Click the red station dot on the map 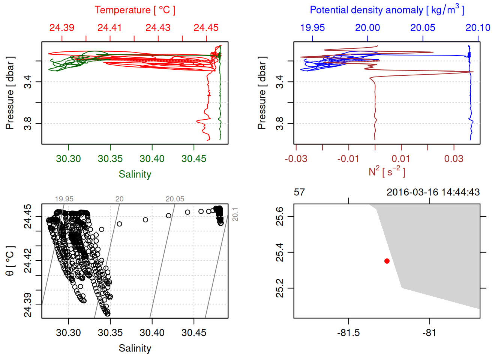pos(387,261)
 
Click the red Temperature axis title pos(135,10)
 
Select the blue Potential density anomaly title pos(387,10)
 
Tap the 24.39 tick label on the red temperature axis pos(62,28)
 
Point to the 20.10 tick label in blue pos(478,28)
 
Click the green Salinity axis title pos(135,174)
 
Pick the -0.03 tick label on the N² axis pos(296,159)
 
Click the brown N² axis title pos(387,171)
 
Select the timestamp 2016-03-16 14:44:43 pos(433,192)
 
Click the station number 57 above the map pos(299,192)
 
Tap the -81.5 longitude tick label pos(348,333)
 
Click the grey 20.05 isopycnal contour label pos(175,199)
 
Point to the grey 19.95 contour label pos(64,199)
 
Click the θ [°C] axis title pos(10,261)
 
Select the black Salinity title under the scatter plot pos(135,348)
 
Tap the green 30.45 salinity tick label pos(194,159)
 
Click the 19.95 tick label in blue pos(312,28)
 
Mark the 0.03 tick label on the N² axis pos(454,159)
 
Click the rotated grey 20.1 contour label pos(235,214)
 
